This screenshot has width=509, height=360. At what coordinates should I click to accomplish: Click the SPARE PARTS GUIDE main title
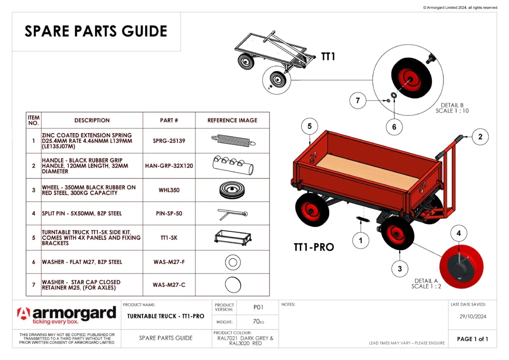pyautogui.click(x=96, y=31)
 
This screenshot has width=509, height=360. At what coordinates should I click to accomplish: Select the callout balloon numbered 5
pyautogui.click(x=310, y=127)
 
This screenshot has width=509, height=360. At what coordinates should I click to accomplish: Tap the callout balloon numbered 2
pyautogui.click(x=480, y=137)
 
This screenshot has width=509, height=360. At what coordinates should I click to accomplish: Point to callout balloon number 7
pyautogui.click(x=357, y=101)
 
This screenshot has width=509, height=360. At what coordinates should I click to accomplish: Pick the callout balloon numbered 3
pyautogui.click(x=400, y=269)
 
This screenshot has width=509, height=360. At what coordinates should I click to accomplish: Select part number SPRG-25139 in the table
pyautogui.click(x=169, y=141)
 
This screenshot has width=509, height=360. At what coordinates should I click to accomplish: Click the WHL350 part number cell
pyautogui.click(x=169, y=189)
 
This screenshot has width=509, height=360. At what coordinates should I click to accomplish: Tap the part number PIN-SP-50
pyautogui.click(x=169, y=213)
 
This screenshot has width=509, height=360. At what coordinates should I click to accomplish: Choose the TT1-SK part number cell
pyautogui.click(x=169, y=238)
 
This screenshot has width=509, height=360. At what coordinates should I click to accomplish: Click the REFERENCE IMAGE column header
pyautogui.click(x=232, y=120)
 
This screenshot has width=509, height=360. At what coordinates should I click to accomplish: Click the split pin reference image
pyautogui.click(x=232, y=214)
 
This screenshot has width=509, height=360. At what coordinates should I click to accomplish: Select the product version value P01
pyautogui.click(x=257, y=307)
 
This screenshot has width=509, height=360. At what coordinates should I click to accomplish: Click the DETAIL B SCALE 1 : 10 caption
pyautogui.click(x=452, y=108)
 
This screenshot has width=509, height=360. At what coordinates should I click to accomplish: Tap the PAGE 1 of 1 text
pyautogui.click(x=472, y=339)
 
